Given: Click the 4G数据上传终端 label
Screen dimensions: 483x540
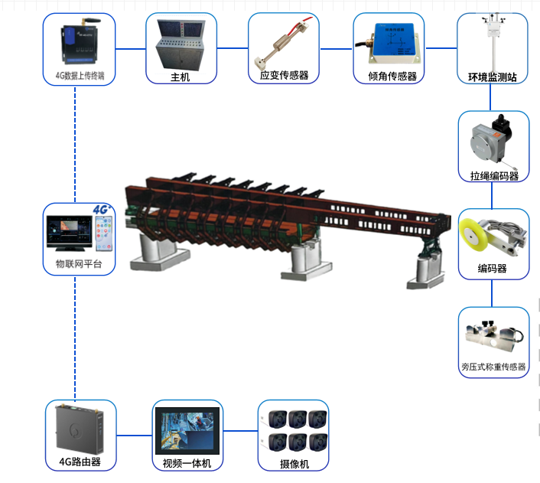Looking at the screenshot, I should pos(80,75).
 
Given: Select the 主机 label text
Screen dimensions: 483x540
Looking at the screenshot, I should pos(181,77).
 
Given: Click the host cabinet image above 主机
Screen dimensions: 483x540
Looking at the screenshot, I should pos(181,44).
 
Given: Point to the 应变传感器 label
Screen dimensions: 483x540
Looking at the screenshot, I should pos(284,75).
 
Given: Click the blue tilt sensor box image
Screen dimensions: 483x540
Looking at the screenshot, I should pos(389,43).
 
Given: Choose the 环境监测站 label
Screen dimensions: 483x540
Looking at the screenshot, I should pos(493,77).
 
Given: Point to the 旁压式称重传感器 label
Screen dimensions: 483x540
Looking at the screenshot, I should pos(493,367).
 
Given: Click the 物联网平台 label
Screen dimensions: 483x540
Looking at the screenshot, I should pos(79,265).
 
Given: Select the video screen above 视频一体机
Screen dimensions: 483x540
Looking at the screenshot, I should pos(187,430).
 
